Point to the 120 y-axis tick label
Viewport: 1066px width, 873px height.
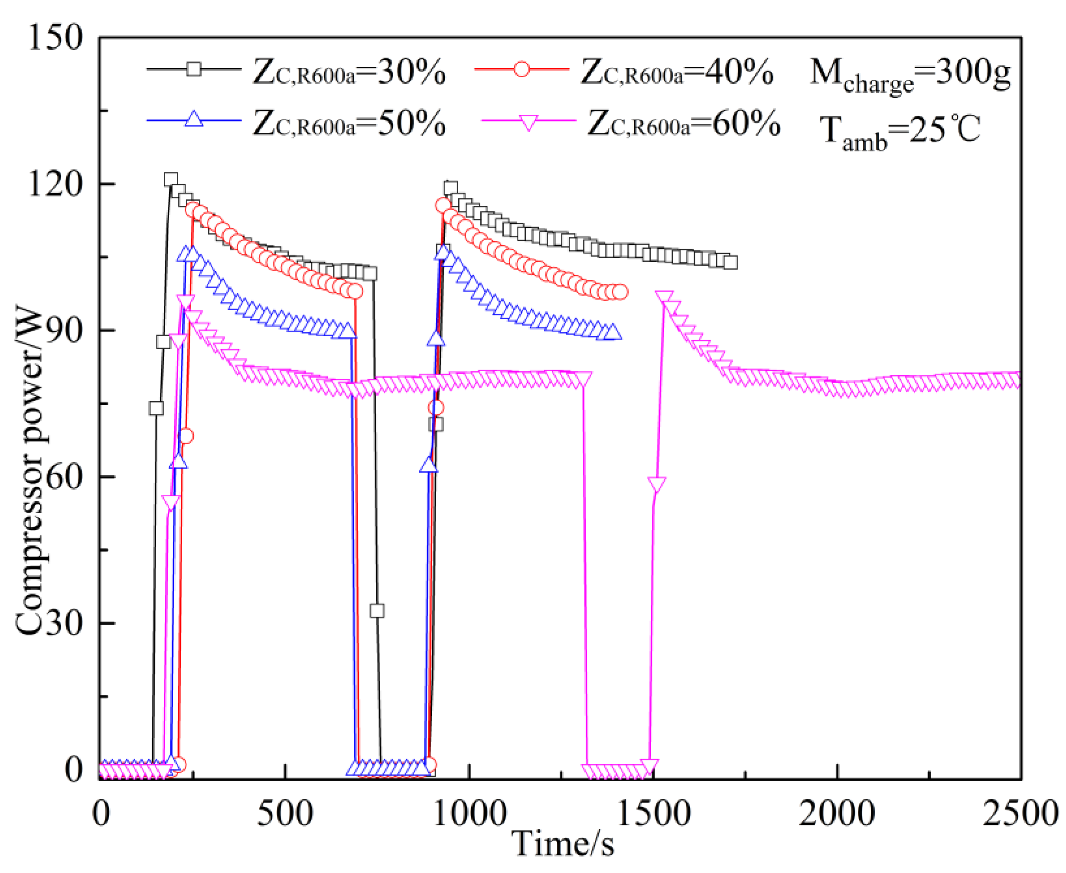tap(55, 184)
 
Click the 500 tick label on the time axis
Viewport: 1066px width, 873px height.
tap(285, 814)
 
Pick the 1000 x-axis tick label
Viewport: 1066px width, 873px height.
tap(469, 814)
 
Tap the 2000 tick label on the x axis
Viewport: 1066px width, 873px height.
tap(837, 814)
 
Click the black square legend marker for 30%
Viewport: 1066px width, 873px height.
tap(193, 68)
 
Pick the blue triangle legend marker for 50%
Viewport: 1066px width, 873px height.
tap(193, 120)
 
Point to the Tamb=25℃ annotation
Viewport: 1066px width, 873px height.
tap(900, 132)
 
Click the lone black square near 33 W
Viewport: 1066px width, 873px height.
tap(377, 611)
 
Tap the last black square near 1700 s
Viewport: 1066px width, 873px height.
tap(731, 263)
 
